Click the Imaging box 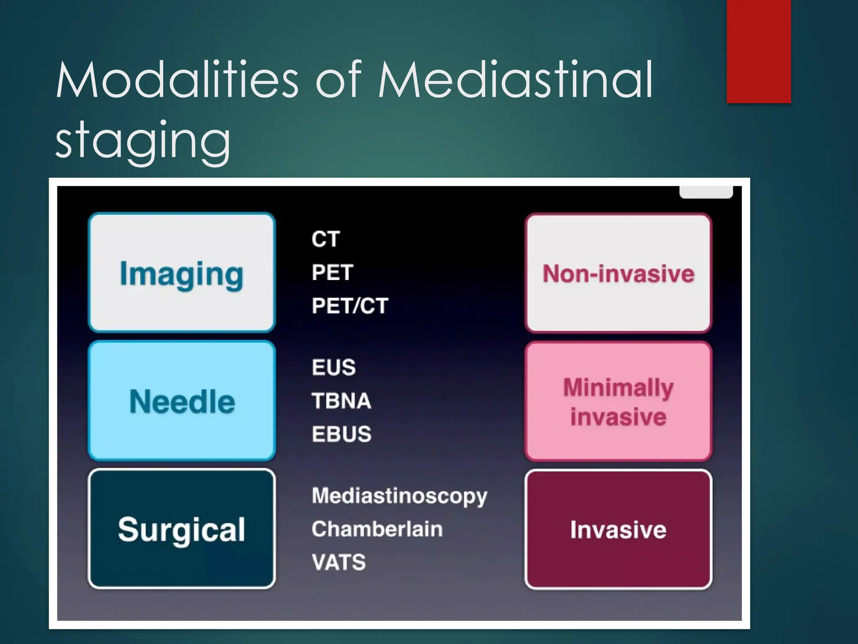tap(182, 273)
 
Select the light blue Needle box tap(182, 401)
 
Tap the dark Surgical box tap(182, 529)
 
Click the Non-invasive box tap(618, 273)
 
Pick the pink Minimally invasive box tap(618, 401)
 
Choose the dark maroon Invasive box tap(618, 529)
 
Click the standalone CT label tap(326, 239)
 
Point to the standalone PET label tap(333, 273)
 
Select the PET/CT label tap(350, 306)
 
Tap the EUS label tap(334, 367)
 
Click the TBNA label tap(341, 400)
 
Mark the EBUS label tap(341, 434)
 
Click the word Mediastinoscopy tap(400, 496)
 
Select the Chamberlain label tap(377, 529)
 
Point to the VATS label tap(339, 562)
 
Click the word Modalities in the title tap(177, 80)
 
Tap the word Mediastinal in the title tap(515, 80)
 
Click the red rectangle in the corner tap(759, 51)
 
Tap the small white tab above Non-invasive tap(706, 192)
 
